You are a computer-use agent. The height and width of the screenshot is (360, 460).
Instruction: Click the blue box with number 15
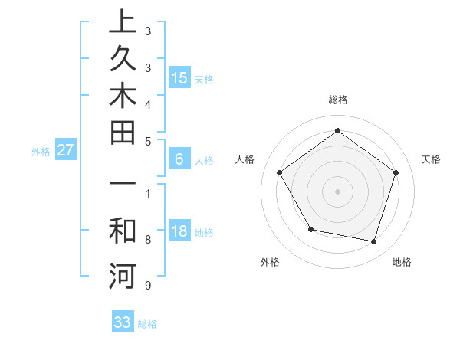[x=179, y=78]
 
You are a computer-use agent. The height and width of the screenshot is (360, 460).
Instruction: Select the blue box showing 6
[x=179, y=159]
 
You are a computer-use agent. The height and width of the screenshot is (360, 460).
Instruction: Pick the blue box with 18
[x=179, y=232]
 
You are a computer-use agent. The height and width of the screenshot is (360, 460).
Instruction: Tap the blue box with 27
[x=65, y=151]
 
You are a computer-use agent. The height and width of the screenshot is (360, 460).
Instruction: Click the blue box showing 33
[x=122, y=322]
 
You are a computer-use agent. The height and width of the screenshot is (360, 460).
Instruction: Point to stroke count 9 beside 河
[x=147, y=286]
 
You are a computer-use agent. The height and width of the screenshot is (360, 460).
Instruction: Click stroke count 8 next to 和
[x=147, y=240]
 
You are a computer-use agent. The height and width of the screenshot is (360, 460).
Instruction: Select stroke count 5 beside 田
[x=147, y=142]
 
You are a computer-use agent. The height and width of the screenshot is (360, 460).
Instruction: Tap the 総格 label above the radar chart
[x=338, y=100]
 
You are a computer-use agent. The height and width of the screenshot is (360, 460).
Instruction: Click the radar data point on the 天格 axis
[x=396, y=172]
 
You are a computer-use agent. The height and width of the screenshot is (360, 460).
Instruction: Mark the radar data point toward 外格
[x=310, y=229]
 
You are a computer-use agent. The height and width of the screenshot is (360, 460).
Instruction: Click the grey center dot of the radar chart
[x=338, y=191]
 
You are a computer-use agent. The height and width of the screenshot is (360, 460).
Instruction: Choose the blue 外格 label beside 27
[x=41, y=152]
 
